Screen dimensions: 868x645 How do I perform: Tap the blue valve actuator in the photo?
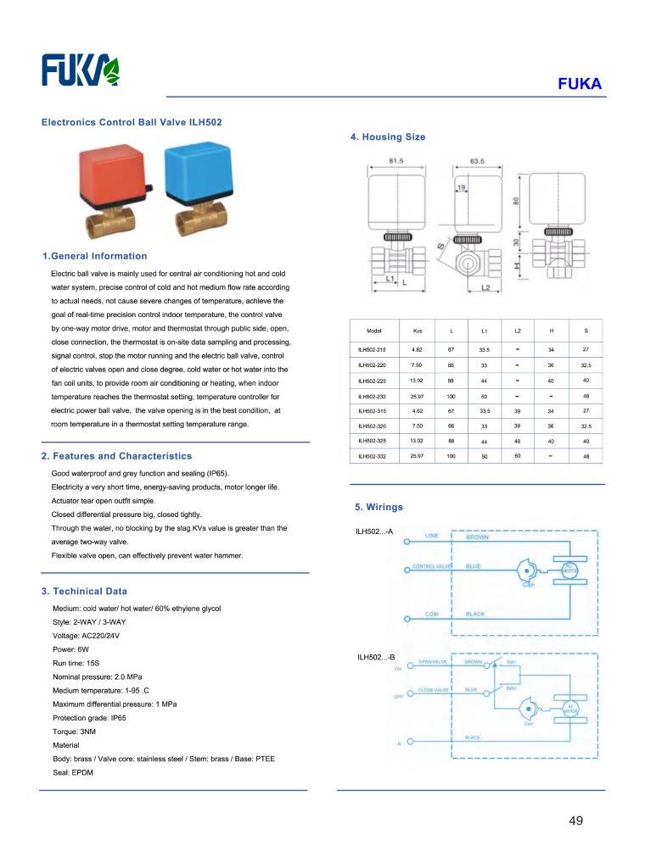tap(196, 175)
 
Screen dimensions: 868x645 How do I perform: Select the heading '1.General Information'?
tap(94, 256)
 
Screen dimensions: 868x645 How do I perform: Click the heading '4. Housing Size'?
tap(388, 136)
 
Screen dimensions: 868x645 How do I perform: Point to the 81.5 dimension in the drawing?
tap(395, 160)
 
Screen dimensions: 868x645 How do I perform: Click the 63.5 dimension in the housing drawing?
tap(477, 160)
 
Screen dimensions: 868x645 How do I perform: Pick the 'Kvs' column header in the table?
tap(417, 330)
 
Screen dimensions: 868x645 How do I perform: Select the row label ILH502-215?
tap(372, 349)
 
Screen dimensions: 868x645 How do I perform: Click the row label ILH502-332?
tap(372, 457)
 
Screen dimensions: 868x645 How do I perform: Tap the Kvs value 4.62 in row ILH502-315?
tap(417, 411)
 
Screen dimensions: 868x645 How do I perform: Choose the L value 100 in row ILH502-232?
tap(451, 396)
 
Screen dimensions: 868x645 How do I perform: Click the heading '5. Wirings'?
tap(379, 507)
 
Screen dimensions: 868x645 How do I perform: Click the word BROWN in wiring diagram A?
tap(477, 537)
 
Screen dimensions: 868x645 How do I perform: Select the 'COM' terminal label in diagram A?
tap(431, 614)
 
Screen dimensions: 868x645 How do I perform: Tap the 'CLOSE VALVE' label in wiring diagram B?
tap(433, 690)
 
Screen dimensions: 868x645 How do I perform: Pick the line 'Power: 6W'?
tap(70, 649)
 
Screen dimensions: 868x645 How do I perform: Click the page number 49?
tap(576, 821)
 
